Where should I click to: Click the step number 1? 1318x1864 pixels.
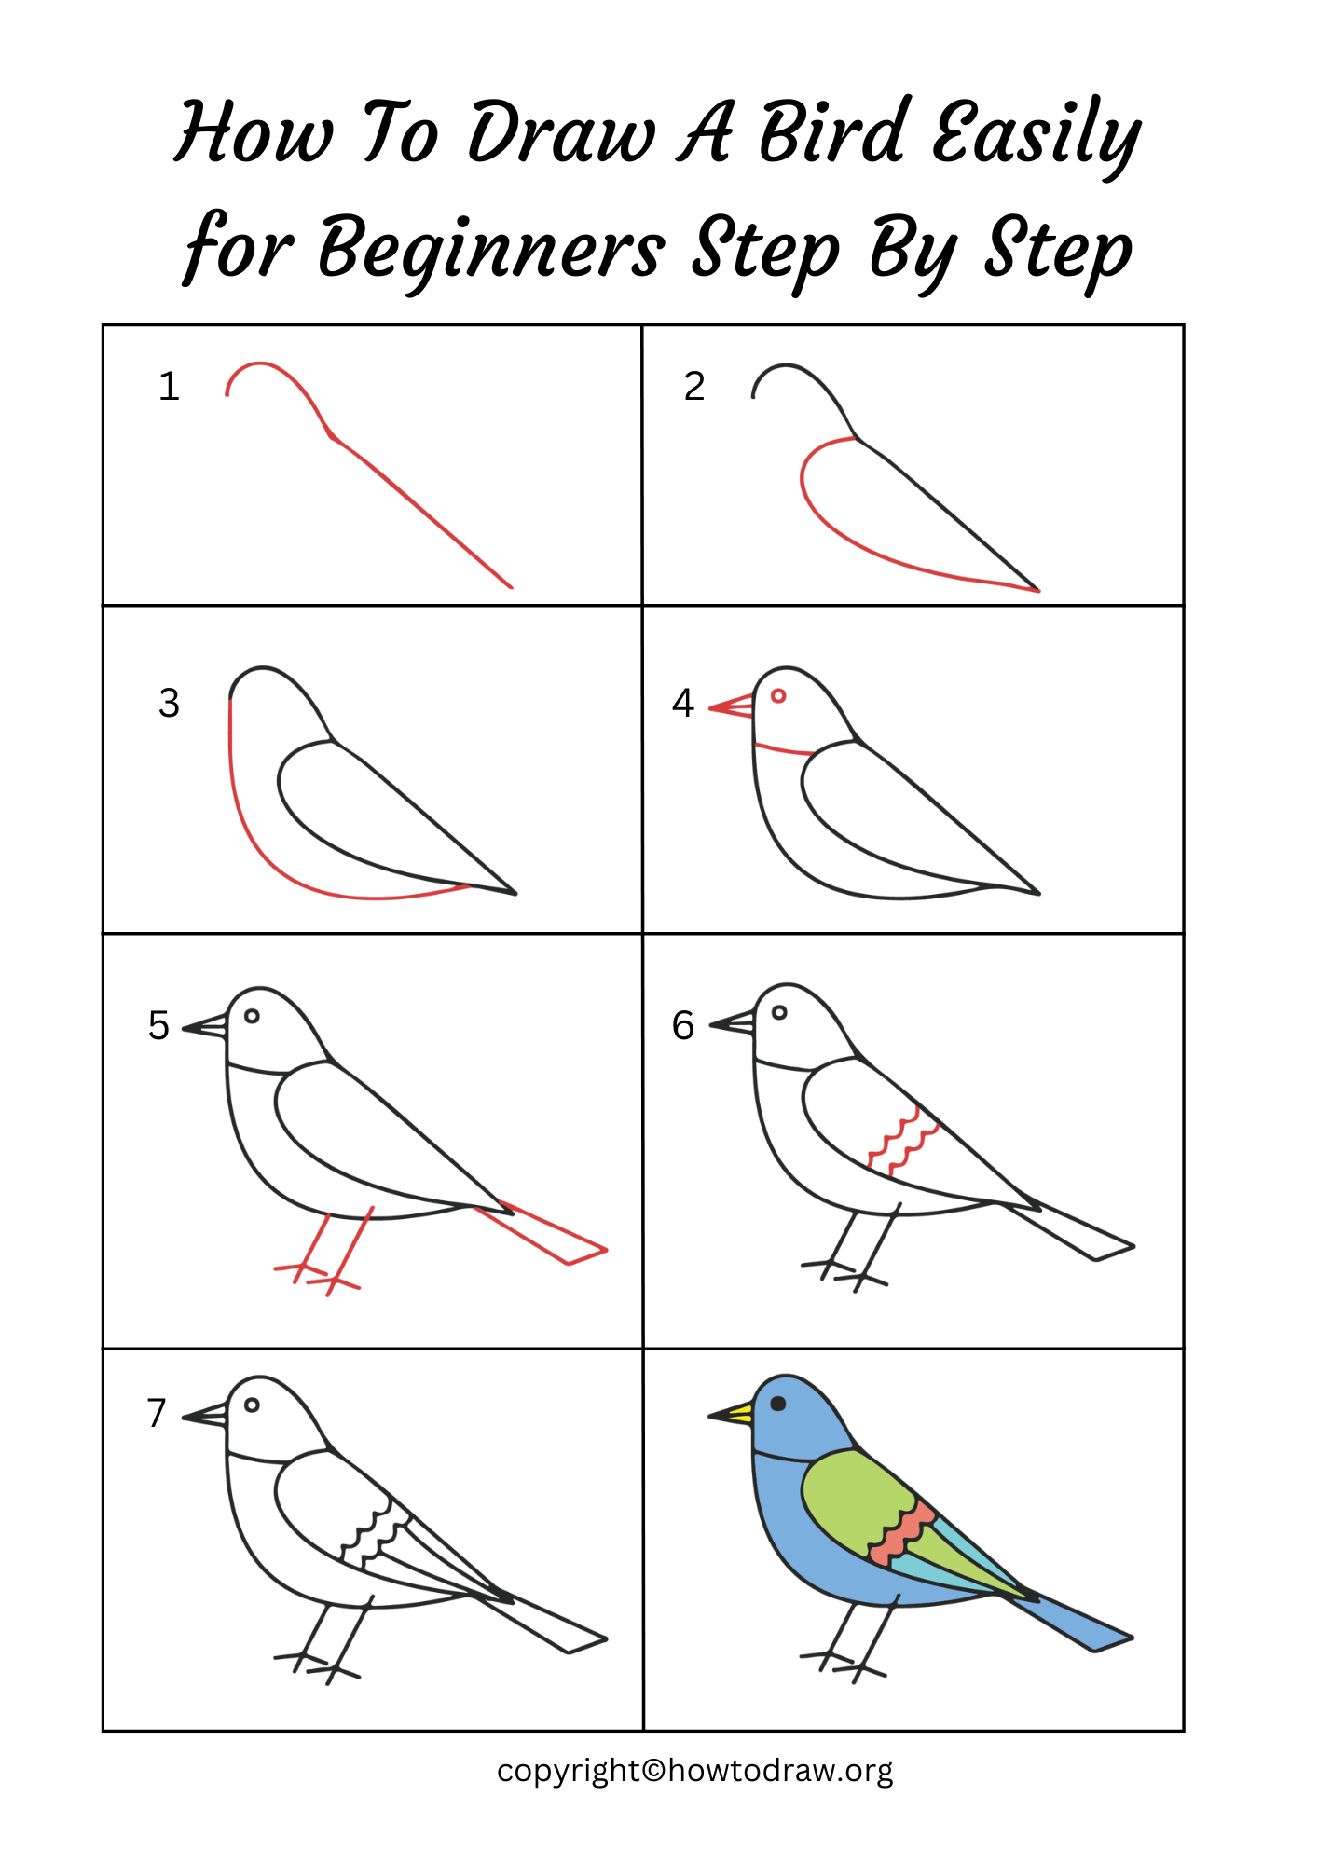(x=169, y=387)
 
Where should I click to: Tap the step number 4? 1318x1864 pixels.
(x=683, y=704)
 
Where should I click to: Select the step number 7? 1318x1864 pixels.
(x=157, y=1414)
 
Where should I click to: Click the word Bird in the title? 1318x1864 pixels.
(x=833, y=132)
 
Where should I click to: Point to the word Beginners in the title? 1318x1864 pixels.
(x=491, y=249)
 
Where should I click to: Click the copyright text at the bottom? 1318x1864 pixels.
(x=694, y=1771)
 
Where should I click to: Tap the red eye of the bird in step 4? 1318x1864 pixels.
(x=778, y=696)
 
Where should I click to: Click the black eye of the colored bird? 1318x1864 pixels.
(x=778, y=1404)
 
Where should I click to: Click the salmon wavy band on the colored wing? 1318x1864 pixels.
(x=899, y=1533)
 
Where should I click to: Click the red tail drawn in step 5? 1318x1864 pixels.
(x=550, y=1235)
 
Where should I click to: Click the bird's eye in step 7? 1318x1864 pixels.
(x=252, y=1405)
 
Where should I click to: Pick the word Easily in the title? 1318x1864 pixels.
(x=1035, y=135)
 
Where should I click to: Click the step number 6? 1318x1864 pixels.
(x=683, y=1026)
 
